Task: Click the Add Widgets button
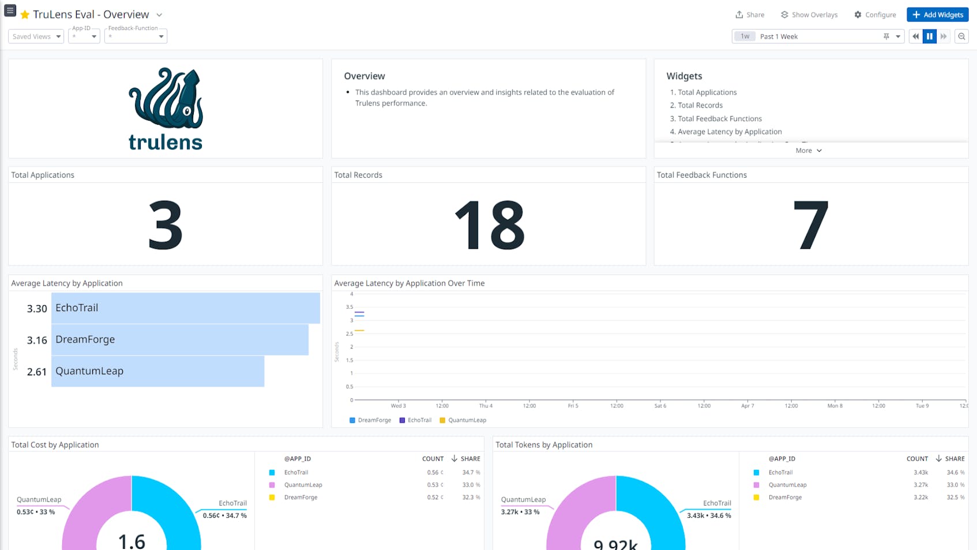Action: [937, 14]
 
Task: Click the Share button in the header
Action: [750, 14]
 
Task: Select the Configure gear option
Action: [875, 14]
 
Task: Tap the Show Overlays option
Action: [809, 14]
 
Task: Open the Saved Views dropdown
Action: [36, 36]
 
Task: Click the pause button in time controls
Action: [929, 36]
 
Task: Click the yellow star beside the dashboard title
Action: [25, 14]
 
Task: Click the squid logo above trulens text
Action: [166, 98]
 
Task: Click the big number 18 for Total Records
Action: [489, 225]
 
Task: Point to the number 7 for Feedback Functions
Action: [810, 225]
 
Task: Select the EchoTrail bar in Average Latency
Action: [185, 308]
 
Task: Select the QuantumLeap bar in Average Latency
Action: [157, 371]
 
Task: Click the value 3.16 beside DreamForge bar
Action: [37, 340]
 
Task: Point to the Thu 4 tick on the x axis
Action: [486, 406]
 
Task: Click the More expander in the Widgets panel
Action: [808, 151]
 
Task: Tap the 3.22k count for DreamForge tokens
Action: [920, 497]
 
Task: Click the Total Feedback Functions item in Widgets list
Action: [719, 118]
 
